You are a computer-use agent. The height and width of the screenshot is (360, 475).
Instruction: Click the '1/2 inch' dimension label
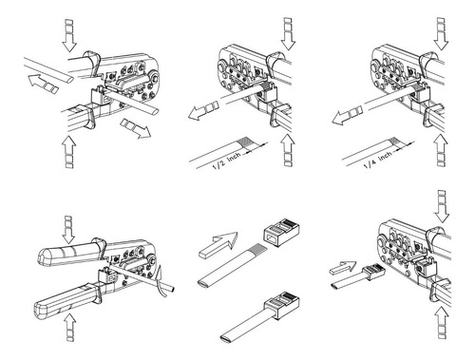click(x=227, y=160)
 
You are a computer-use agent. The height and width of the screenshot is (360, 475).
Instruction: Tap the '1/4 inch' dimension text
click(x=378, y=161)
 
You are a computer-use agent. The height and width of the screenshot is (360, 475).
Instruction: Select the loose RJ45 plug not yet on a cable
click(x=281, y=232)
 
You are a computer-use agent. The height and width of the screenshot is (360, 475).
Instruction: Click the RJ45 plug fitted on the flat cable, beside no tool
click(x=282, y=305)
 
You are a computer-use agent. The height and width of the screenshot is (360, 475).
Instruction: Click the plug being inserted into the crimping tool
click(x=374, y=272)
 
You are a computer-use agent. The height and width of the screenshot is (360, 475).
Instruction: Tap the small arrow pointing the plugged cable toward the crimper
click(x=343, y=268)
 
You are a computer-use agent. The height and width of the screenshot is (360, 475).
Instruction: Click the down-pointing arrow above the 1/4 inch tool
click(x=441, y=34)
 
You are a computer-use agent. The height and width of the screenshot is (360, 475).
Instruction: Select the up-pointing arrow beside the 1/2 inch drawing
click(x=288, y=150)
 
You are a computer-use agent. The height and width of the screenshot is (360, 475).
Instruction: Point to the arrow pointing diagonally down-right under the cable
click(x=136, y=128)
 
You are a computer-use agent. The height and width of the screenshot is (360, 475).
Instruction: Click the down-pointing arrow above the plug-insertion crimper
click(x=442, y=206)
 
